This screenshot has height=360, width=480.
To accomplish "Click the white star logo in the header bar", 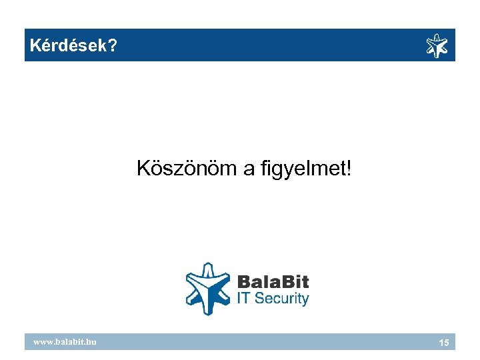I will pyautogui.click(x=437, y=45).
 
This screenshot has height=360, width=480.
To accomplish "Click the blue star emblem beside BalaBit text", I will pyautogui.click(x=208, y=288).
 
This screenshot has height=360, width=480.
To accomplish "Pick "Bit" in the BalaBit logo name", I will pyautogui.click(x=294, y=281).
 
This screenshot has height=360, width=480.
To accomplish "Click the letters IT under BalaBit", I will pyautogui.click(x=244, y=298).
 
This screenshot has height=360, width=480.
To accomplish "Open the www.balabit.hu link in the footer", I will pyautogui.click(x=65, y=341).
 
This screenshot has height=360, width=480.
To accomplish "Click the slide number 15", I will pyautogui.click(x=443, y=342).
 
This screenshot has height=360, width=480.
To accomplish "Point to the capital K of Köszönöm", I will pyautogui.click(x=143, y=169).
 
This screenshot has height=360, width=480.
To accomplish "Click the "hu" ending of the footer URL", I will pyautogui.click(x=92, y=341).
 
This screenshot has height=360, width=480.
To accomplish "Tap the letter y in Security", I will pyautogui.click(x=305, y=300).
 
